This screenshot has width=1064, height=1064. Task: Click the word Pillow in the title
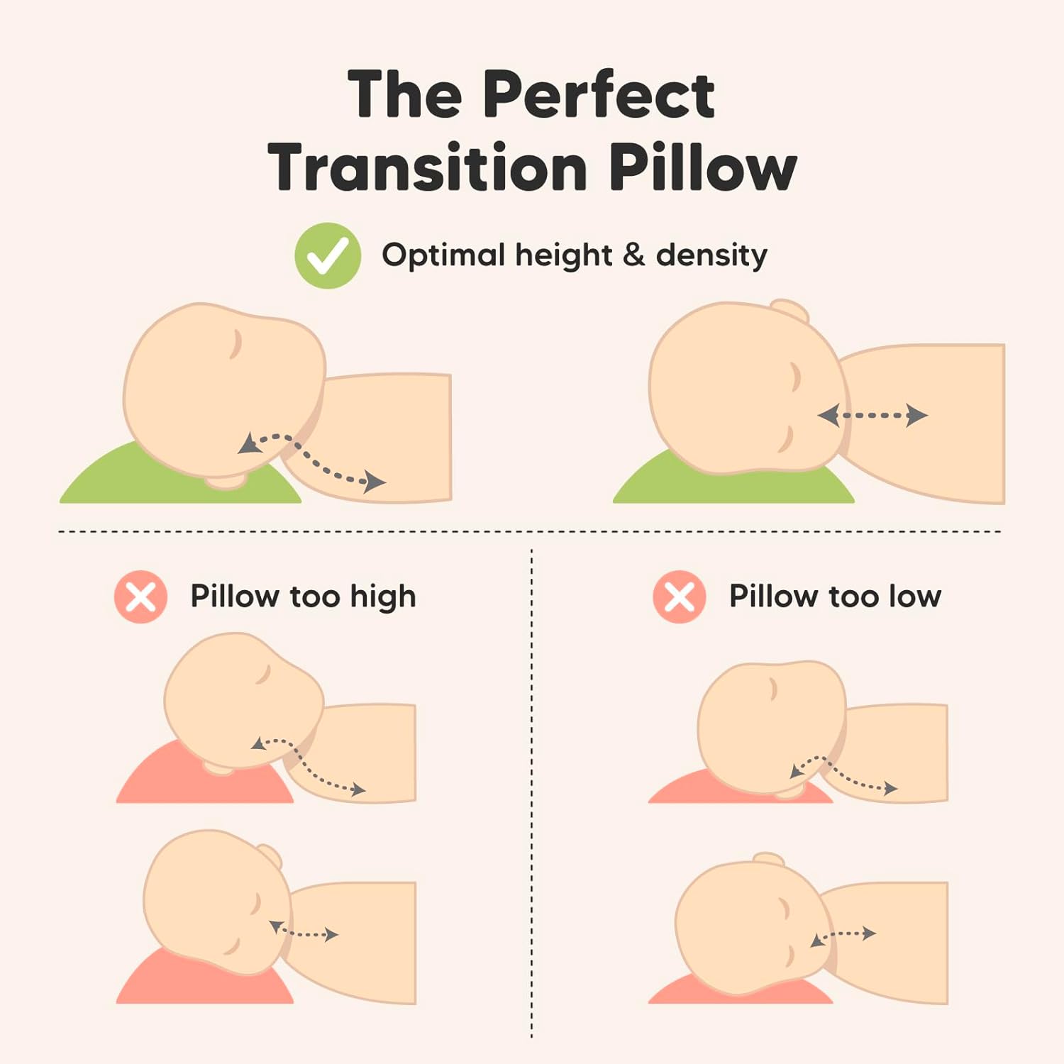point(703,167)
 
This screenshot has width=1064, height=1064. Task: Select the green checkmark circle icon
point(328,255)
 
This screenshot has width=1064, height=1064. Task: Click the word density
point(711,255)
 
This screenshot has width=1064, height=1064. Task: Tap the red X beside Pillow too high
point(140,597)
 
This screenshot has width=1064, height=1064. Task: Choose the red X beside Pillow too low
point(680,597)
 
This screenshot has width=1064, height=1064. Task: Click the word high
point(382,597)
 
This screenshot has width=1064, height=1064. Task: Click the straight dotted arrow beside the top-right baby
point(872,415)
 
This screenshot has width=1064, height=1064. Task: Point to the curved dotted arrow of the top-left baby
point(312,461)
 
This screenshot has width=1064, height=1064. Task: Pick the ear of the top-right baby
point(791,309)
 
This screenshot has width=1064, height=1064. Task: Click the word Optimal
point(442,255)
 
